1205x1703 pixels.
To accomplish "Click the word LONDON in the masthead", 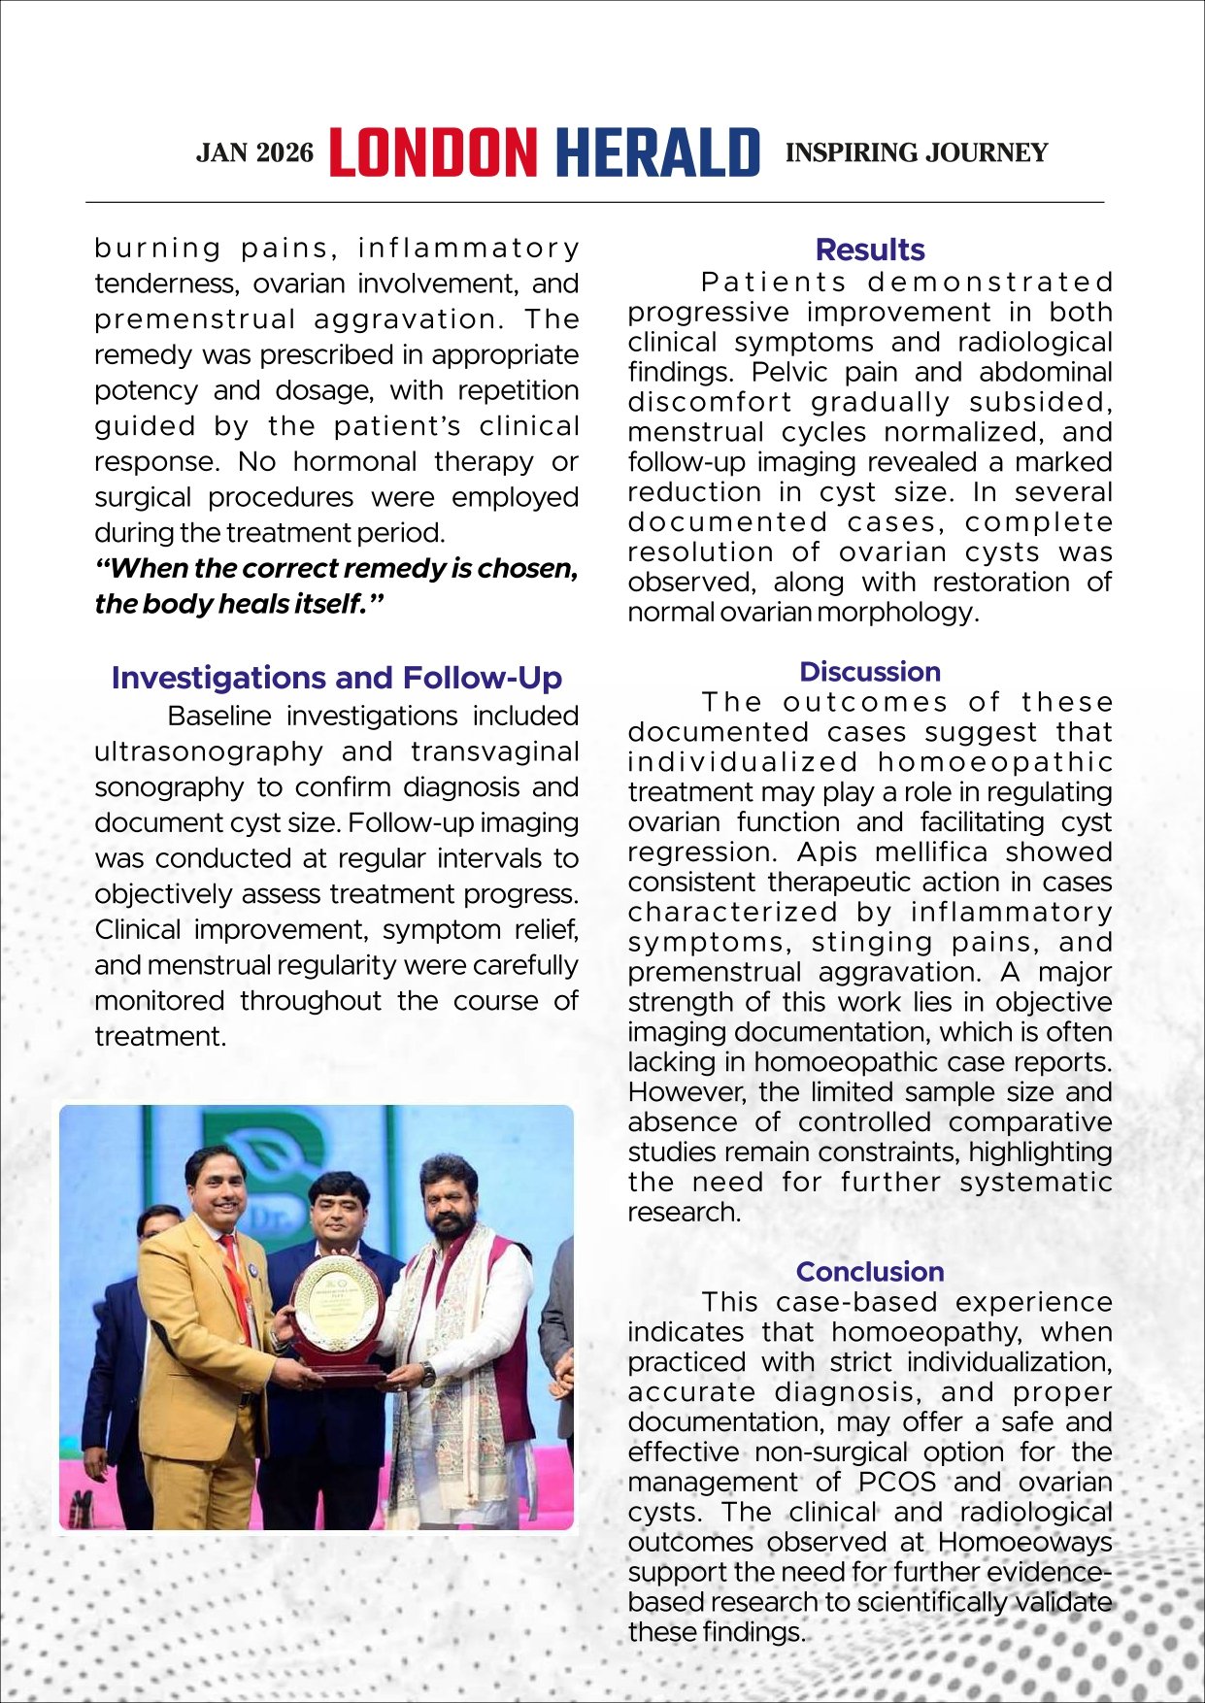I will tap(432, 153).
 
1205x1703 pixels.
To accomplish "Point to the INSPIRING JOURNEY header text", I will tap(916, 152).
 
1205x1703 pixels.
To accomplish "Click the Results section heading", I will tap(869, 250).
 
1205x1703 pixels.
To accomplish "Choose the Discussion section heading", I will tap(869, 671).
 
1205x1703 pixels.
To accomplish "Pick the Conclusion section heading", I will tap(869, 1271).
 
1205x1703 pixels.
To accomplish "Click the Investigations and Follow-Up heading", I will tap(336, 677).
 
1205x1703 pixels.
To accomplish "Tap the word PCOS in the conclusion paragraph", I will tap(897, 1482).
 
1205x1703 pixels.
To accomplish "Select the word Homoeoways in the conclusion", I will tap(1024, 1542).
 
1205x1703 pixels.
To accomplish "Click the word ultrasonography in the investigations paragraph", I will tap(209, 751).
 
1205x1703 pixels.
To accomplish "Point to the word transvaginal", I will tap(494, 751).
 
